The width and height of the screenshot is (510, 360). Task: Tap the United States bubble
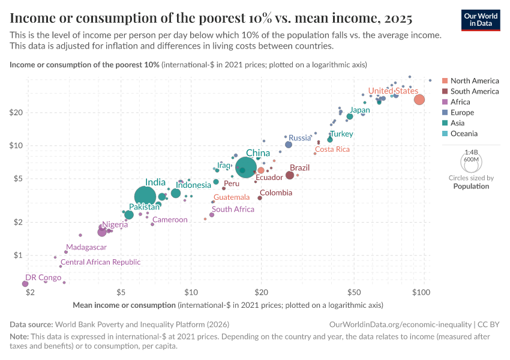click(419, 100)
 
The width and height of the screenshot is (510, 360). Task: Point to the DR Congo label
click(43, 277)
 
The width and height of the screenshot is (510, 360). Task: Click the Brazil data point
click(290, 175)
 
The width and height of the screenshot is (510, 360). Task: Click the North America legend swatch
click(445, 81)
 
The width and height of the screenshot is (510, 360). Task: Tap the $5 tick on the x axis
click(121, 292)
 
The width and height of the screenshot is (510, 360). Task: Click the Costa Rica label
click(332, 149)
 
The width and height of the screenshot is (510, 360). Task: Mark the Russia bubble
click(289, 145)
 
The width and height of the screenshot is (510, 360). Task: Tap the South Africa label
click(233, 209)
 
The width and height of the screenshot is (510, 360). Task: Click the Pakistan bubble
click(129, 215)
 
